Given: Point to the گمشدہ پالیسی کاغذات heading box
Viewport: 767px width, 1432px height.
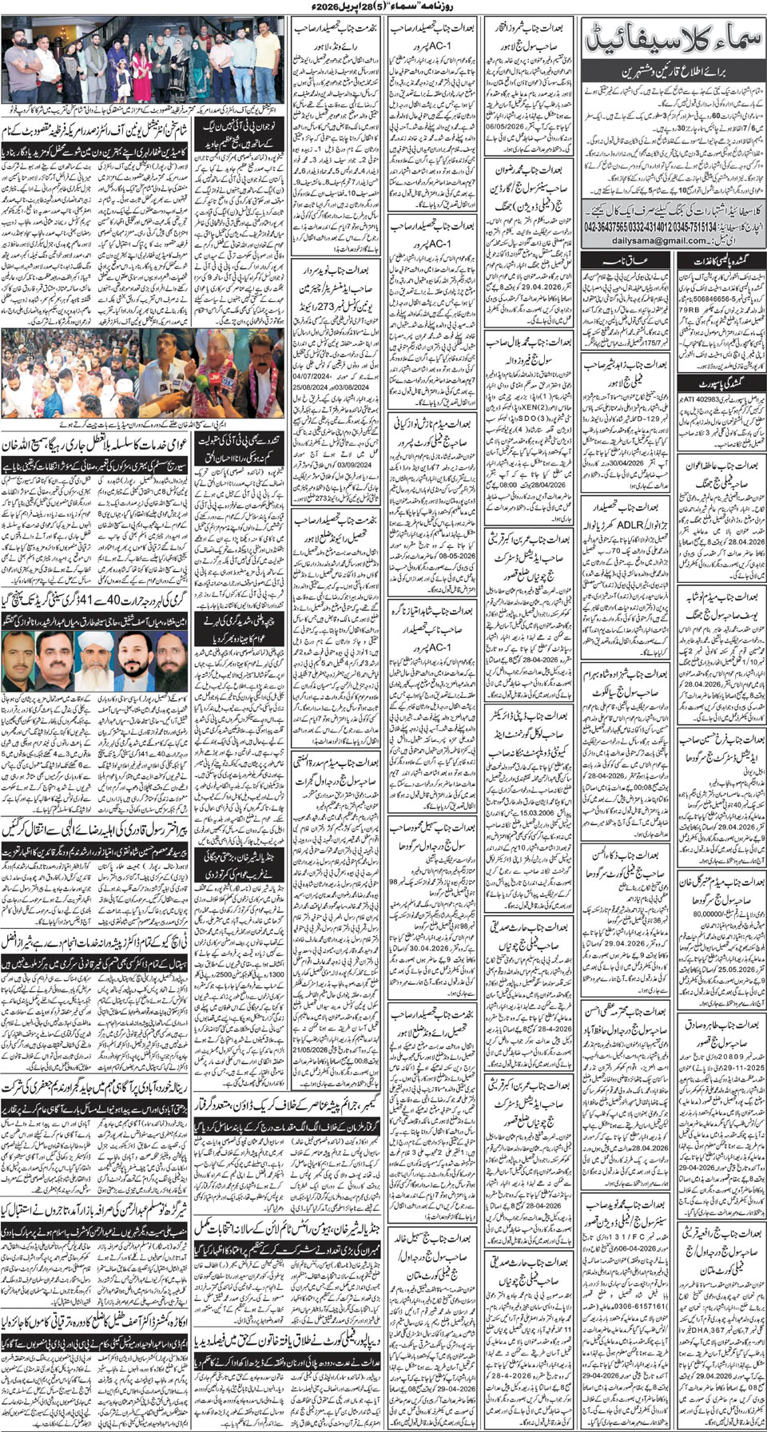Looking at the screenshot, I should click(721, 260).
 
